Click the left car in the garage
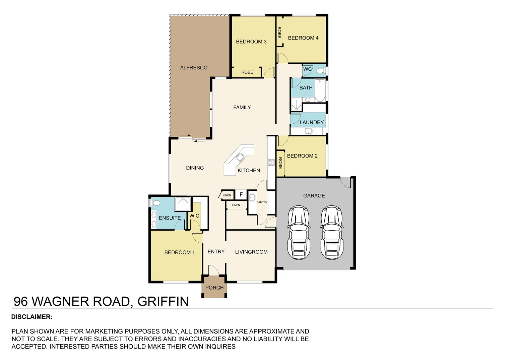pos(299,233)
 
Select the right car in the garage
pos(331,233)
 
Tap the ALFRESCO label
pos(194,68)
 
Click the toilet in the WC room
pos(320,70)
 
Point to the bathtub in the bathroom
pos(320,90)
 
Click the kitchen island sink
pos(240,157)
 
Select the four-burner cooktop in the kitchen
pos(271,163)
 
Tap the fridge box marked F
pos(241,194)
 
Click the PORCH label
pos(214,288)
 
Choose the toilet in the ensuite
pos(155,203)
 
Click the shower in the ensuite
pos(183,204)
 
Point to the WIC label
pos(194,216)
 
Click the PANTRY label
pos(262,202)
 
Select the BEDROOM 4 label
pos(303,38)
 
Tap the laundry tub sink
pos(309,131)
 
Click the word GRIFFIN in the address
pos(163,301)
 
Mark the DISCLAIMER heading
pos(32,317)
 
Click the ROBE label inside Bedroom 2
pos(280,163)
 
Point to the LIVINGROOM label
pos(251,252)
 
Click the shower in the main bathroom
pos(296,105)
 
